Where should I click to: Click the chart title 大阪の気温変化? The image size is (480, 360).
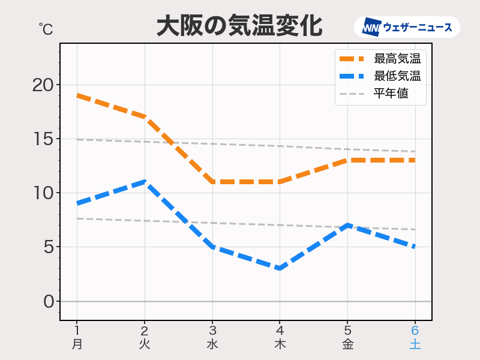click(x=239, y=26)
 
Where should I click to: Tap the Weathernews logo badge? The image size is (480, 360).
click(x=407, y=28)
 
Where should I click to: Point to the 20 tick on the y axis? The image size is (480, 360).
click(x=43, y=85)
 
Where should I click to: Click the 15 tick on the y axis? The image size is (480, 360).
click(x=43, y=139)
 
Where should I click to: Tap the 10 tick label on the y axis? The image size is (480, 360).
click(x=43, y=193)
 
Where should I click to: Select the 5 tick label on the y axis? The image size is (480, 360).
click(x=48, y=247)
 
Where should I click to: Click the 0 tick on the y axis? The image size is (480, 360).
click(x=49, y=301)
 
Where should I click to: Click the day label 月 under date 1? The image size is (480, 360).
click(x=77, y=344)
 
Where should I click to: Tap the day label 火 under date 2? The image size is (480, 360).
click(x=144, y=344)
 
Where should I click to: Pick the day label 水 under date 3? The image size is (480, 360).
click(x=212, y=344)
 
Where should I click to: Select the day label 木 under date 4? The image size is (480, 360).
click(x=280, y=344)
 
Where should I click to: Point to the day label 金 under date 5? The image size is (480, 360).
click(x=347, y=344)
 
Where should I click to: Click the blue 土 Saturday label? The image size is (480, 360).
click(x=415, y=344)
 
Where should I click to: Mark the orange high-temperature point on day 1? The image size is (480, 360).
click(x=77, y=95)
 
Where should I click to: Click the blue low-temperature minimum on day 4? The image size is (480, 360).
click(x=280, y=268)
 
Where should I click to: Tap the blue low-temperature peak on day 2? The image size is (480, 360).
click(x=144, y=182)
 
